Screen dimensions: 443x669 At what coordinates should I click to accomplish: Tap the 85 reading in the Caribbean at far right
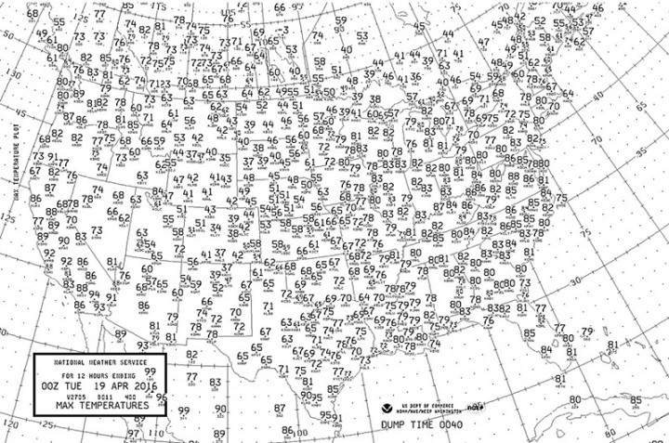(x=636, y=401)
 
